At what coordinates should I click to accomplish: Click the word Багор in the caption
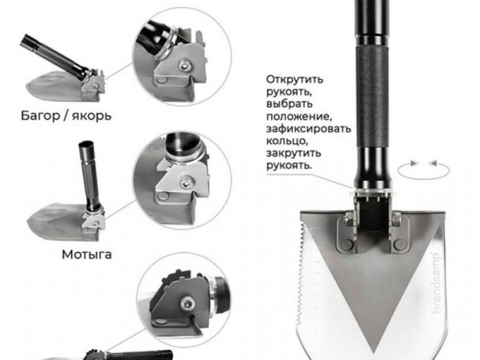[x=40, y=116]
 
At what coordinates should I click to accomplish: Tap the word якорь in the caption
[x=92, y=117]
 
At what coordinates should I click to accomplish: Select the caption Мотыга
[x=86, y=255]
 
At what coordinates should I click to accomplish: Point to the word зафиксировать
[x=308, y=128]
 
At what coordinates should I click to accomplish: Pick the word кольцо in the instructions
[x=286, y=141]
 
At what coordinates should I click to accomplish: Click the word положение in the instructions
[x=299, y=117]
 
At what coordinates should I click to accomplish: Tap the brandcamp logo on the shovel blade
[x=436, y=282]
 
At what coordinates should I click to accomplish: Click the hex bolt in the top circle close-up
[x=185, y=65]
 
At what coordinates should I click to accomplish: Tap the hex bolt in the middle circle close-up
[x=186, y=183]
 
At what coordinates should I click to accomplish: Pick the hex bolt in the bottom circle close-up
[x=186, y=303]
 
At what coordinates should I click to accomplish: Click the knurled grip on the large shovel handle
[x=373, y=97]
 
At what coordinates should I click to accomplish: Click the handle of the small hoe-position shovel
[x=90, y=176]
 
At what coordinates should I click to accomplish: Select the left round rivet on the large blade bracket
[x=347, y=244]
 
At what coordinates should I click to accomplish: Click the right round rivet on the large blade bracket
[x=399, y=245]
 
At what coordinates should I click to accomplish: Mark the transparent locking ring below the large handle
[x=372, y=192]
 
